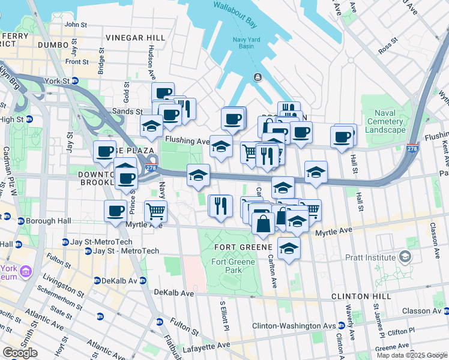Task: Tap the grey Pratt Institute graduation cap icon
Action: click(405, 257)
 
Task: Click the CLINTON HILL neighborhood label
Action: click(361, 297)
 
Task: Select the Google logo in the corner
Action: click(20, 352)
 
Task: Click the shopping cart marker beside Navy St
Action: click(155, 211)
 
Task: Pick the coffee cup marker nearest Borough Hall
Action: click(115, 211)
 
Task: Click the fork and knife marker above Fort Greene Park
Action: click(220, 205)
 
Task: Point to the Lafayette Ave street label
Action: click(207, 346)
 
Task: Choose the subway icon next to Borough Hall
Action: click(21, 221)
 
